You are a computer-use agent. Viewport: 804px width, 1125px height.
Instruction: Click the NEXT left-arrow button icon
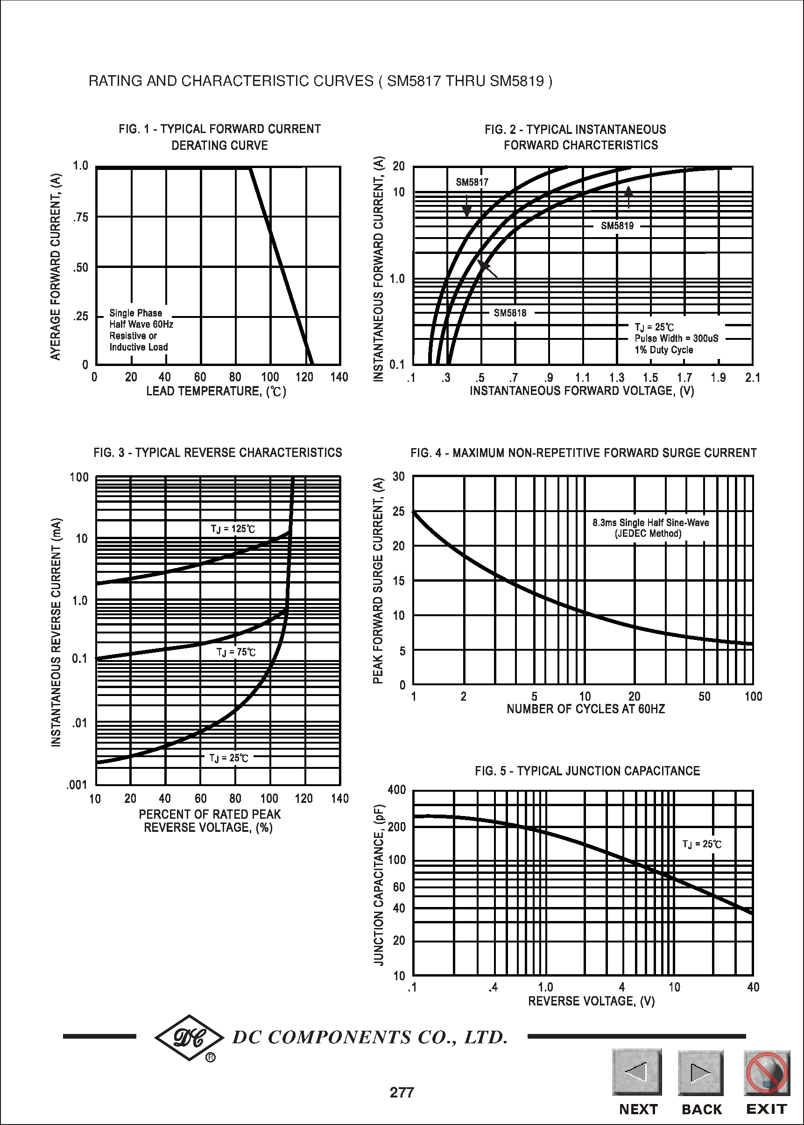[x=637, y=1071]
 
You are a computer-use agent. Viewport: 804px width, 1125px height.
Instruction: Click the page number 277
[x=402, y=1092]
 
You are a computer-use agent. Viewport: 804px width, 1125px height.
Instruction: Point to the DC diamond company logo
[x=190, y=1038]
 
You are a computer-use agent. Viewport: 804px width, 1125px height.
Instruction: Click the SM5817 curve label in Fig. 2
[x=472, y=182]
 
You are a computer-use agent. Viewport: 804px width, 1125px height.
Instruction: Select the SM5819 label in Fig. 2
[x=617, y=225]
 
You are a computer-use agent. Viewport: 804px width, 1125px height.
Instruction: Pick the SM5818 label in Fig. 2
[x=510, y=313]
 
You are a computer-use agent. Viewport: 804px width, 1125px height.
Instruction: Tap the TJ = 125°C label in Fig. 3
[x=233, y=528]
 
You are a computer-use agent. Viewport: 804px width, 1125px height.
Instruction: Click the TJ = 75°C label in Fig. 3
[x=236, y=652]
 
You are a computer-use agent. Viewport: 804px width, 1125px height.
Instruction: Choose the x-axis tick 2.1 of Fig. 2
[x=752, y=378]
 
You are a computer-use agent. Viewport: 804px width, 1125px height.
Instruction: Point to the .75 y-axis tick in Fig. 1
[x=80, y=217]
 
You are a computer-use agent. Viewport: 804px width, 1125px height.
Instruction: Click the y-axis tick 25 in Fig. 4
[x=399, y=511]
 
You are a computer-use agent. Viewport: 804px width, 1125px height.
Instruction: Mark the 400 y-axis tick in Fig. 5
[x=397, y=789]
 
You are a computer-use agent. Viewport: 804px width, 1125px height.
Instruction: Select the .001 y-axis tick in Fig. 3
[x=77, y=785]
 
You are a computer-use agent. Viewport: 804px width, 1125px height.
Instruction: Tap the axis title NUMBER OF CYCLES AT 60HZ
[x=585, y=709]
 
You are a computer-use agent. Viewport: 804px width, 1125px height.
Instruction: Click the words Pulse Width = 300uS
[x=676, y=338]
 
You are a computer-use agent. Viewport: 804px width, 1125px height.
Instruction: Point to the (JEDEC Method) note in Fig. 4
[x=648, y=534]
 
